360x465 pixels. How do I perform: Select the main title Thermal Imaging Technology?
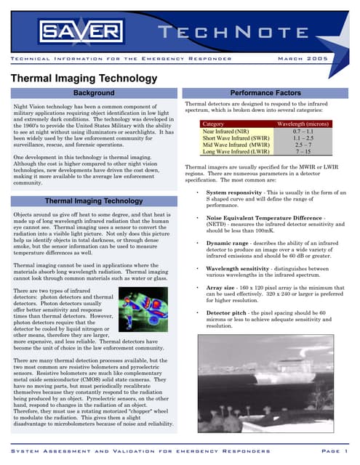click(84, 78)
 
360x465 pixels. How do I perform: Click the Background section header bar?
click(95, 93)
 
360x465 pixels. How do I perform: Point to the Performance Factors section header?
click(265, 93)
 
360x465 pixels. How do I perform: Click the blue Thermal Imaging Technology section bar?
click(95, 201)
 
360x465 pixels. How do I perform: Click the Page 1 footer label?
click(332, 451)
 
